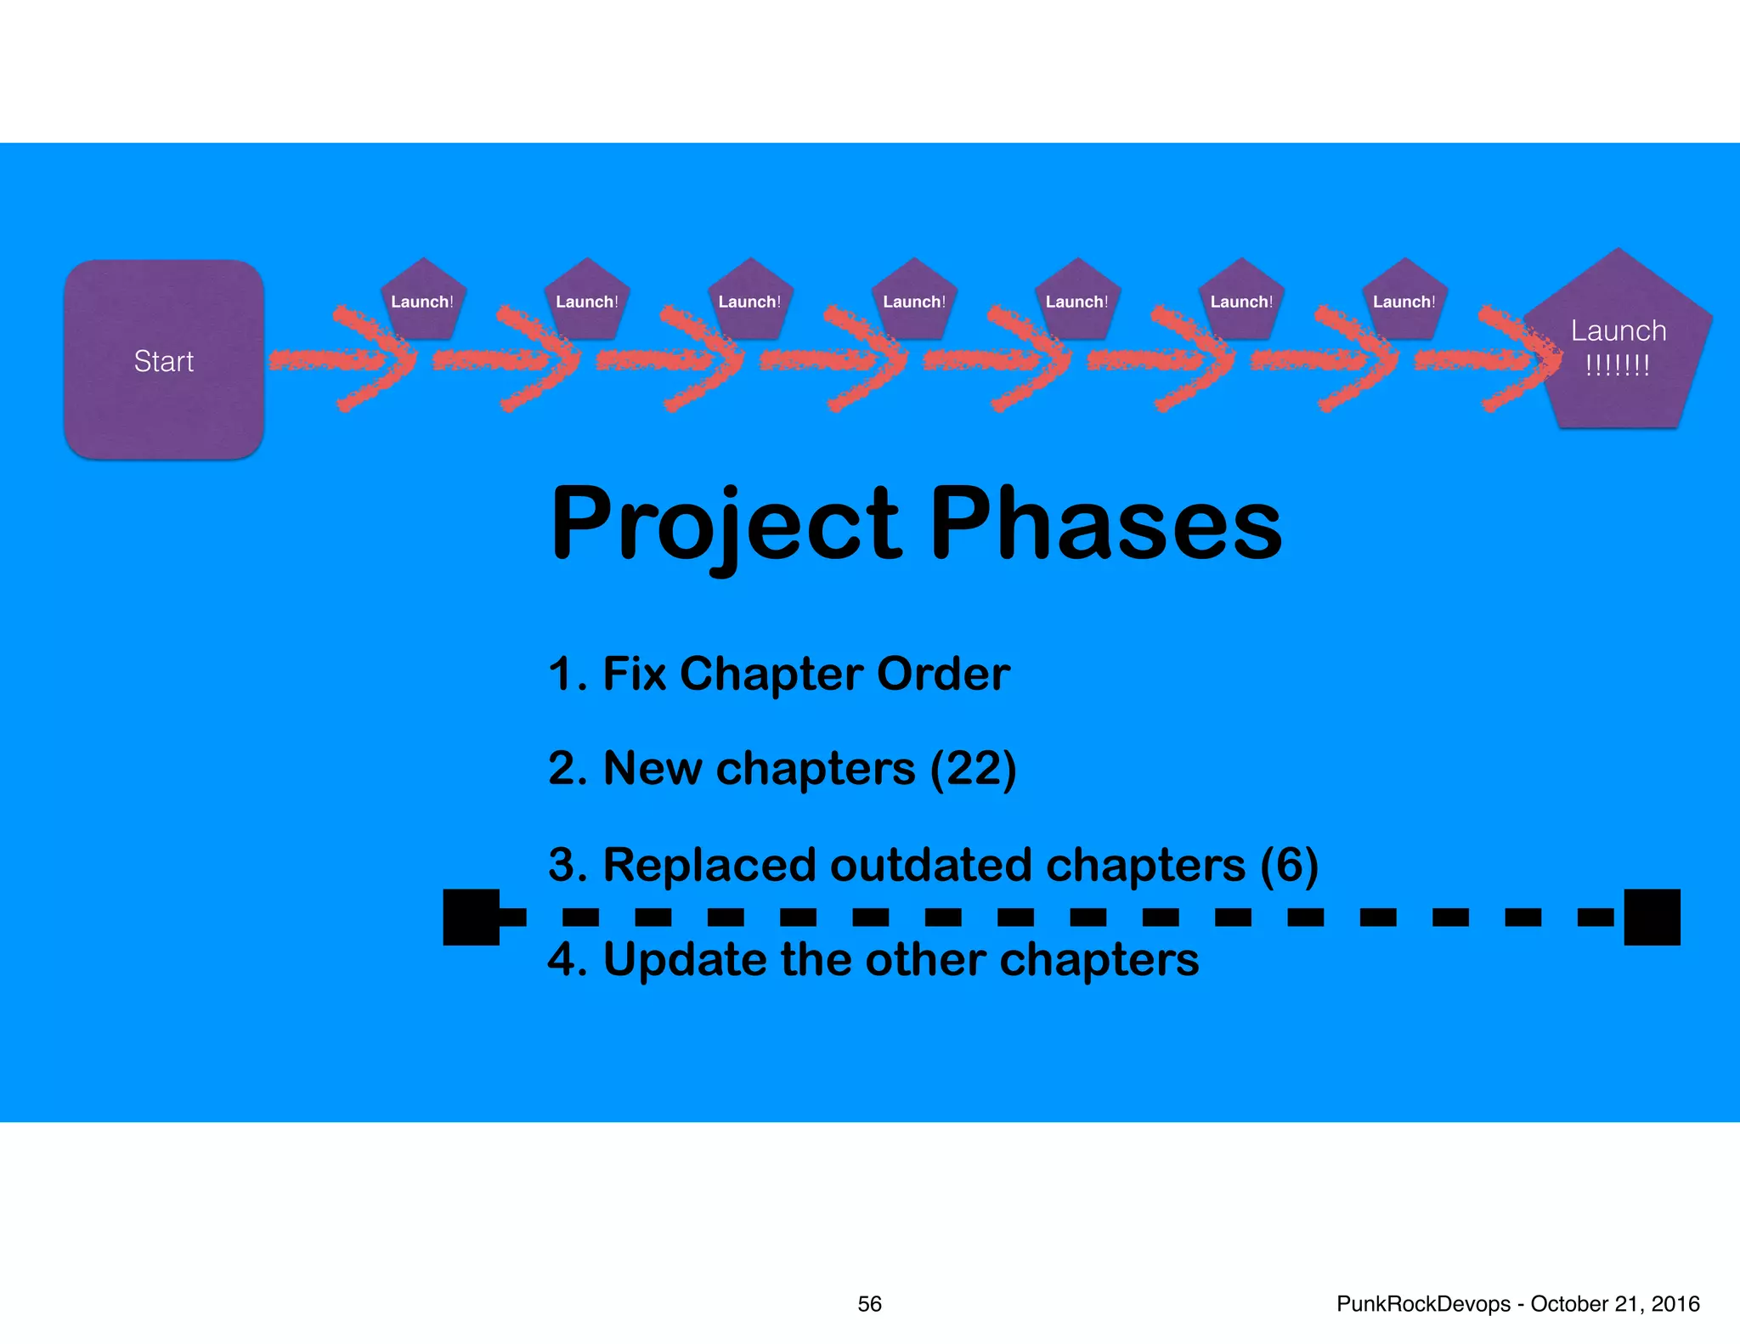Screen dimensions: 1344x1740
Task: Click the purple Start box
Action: [163, 360]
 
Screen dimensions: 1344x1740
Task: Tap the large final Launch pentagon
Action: [1618, 348]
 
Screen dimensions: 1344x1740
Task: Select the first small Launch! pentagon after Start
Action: [422, 302]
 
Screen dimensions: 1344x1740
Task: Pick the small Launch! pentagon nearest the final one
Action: [1404, 302]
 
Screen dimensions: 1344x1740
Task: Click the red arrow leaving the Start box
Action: [340, 360]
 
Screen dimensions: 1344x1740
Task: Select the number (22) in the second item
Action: [973, 768]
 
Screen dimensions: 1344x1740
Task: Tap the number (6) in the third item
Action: [1289, 865]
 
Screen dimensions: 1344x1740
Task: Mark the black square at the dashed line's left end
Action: [472, 917]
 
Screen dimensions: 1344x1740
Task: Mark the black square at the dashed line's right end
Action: [1652, 917]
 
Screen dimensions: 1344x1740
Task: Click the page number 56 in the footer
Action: [869, 1304]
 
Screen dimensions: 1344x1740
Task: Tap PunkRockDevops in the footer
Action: [1423, 1304]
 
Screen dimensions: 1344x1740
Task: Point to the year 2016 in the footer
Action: [1675, 1304]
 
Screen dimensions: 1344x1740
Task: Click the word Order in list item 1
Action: [943, 674]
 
